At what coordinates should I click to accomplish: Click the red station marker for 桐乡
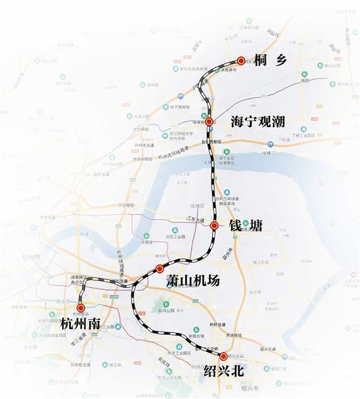click(241, 60)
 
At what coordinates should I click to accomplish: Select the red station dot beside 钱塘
click(215, 225)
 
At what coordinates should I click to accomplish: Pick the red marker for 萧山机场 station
click(160, 269)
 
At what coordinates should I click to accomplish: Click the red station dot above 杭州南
click(81, 307)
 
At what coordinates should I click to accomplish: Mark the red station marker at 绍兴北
click(224, 356)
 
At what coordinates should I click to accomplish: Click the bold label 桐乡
click(266, 60)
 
